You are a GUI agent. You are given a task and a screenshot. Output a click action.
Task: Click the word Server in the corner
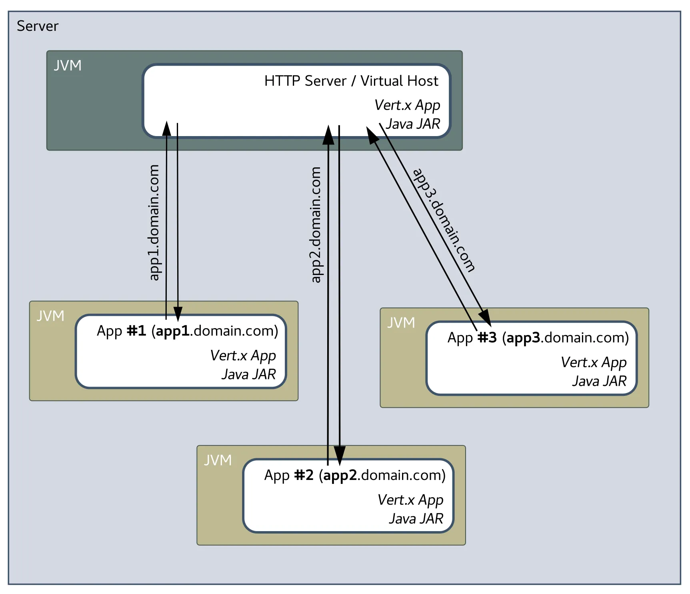(x=37, y=26)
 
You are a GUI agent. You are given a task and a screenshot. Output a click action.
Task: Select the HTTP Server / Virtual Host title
(x=351, y=81)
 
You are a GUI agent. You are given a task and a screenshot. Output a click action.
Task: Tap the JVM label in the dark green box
(x=68, y=66)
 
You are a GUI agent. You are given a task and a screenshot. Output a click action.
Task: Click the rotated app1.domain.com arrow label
(x=154, y=223)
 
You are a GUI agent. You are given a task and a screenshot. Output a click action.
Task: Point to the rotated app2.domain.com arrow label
(x=316, y=225)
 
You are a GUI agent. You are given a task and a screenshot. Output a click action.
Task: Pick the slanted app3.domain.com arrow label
(x=444, y=220)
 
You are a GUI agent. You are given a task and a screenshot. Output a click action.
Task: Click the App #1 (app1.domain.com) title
(x=187, y=331)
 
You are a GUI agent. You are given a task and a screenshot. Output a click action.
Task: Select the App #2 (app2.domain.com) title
(x=355, y=476)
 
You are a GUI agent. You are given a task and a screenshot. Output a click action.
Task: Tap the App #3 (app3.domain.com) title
(x=538, y=338)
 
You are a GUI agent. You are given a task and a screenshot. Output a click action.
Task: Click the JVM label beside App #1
(x=50, y=316)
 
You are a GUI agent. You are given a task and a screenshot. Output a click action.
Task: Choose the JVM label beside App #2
(x=218, y=460)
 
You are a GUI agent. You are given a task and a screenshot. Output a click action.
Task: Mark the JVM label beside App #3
(x=401, y=323)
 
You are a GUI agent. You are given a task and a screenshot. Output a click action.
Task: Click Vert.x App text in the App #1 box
(x=243, y=355)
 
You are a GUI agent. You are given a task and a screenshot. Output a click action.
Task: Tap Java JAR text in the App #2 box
(x=416, y=519)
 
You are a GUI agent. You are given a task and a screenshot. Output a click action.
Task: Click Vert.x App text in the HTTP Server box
(x=407, y=105)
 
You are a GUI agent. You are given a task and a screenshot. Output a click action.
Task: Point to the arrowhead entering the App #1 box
(x=178, y=313)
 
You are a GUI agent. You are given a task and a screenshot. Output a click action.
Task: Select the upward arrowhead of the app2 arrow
(x=328, y=135)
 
